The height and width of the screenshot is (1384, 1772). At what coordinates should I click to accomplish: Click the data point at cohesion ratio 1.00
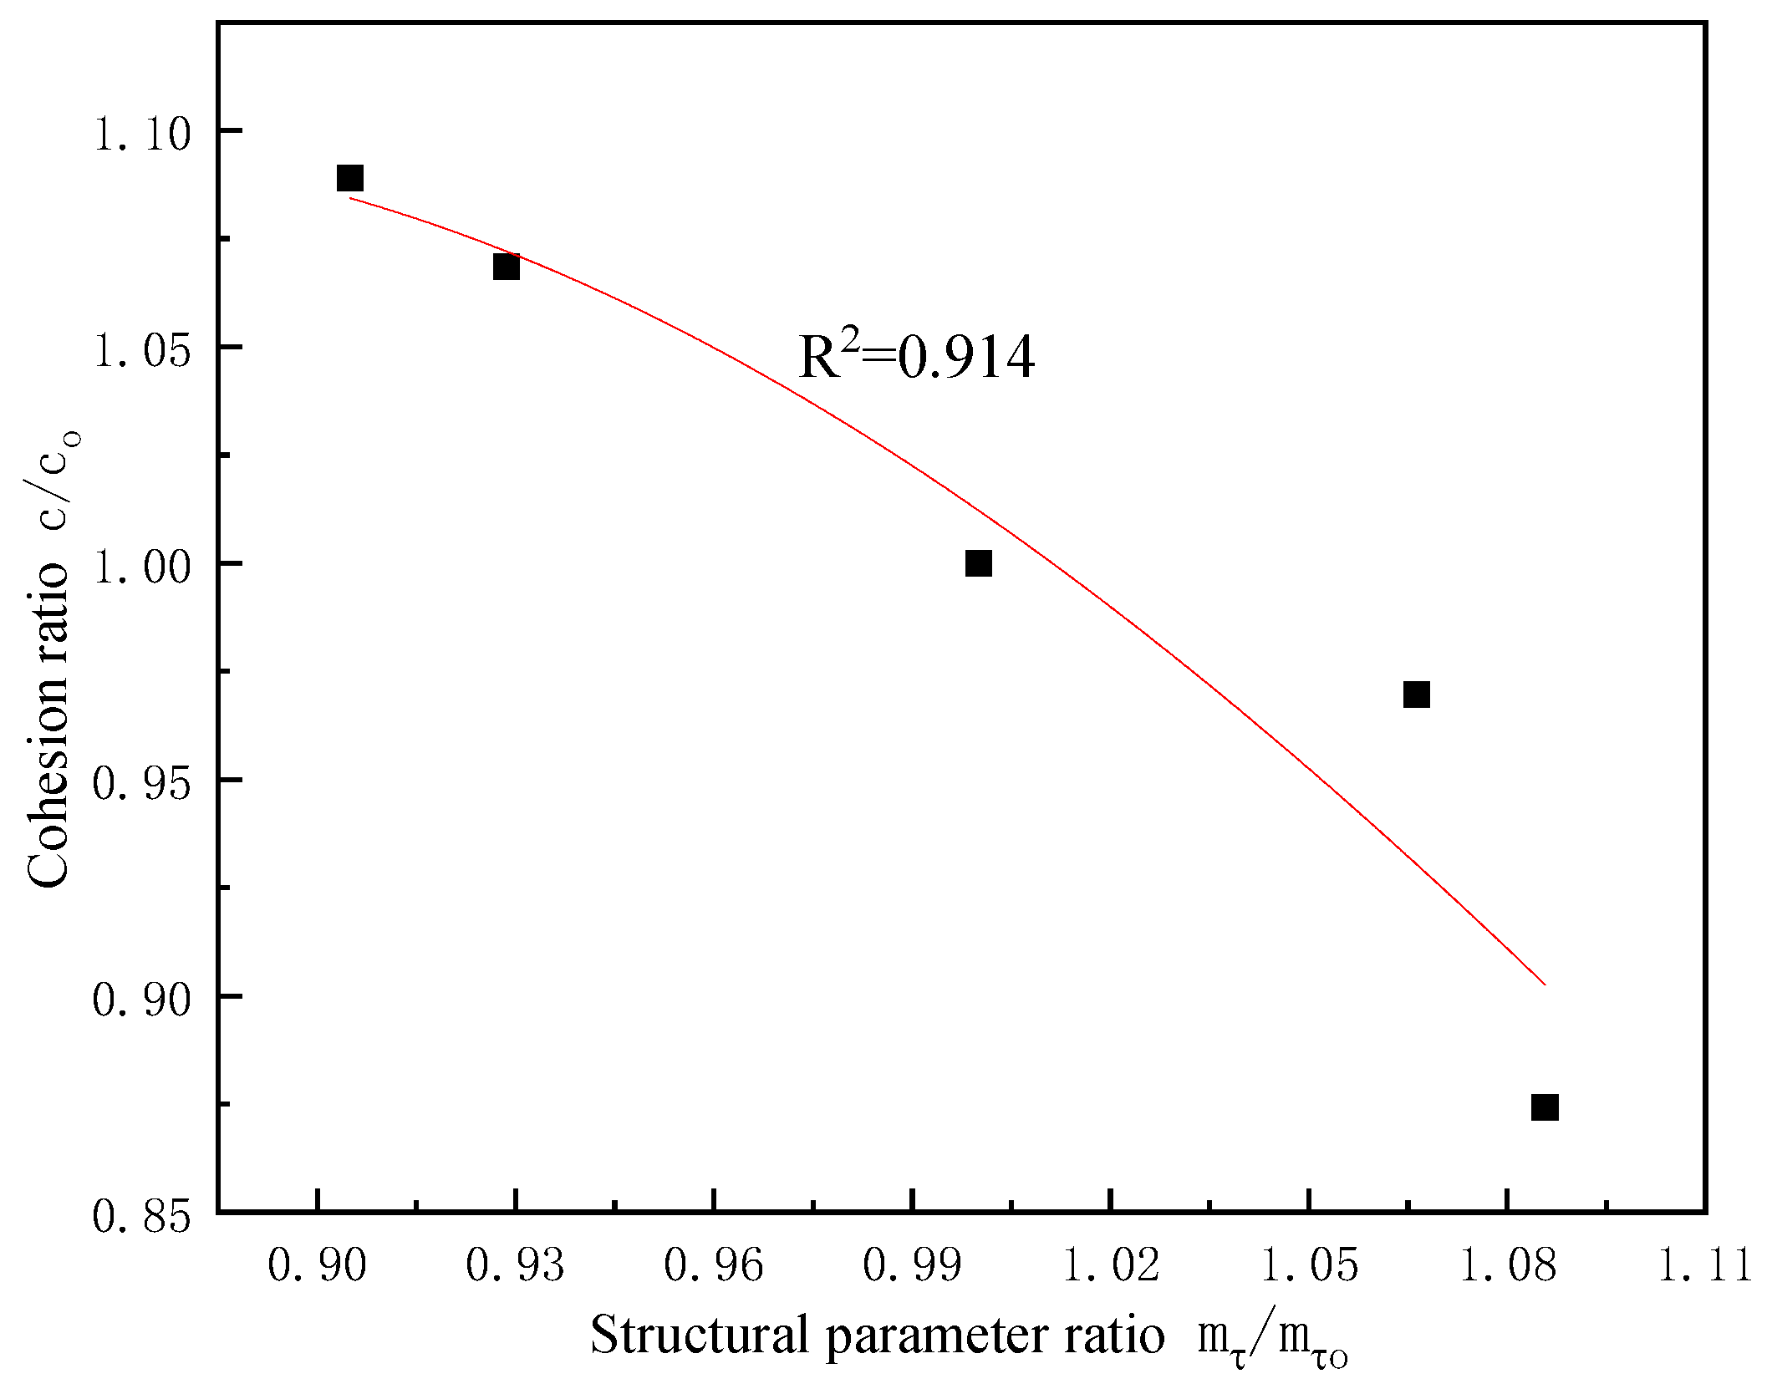[x=978, y=563]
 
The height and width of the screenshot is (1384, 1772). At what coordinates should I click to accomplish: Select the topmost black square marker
[x=349, y=178]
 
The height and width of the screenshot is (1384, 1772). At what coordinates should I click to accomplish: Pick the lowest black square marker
[x=1545, y=1107]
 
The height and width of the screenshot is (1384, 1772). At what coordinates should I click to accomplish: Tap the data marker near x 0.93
[x=507, y=267]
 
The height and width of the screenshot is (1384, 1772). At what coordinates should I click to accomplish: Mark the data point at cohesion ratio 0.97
[x=1416, y=695]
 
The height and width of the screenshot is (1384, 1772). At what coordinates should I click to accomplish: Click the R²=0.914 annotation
[x=917, y=359]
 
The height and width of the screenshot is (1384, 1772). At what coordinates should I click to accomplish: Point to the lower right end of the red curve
[x=1545, y=985]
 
